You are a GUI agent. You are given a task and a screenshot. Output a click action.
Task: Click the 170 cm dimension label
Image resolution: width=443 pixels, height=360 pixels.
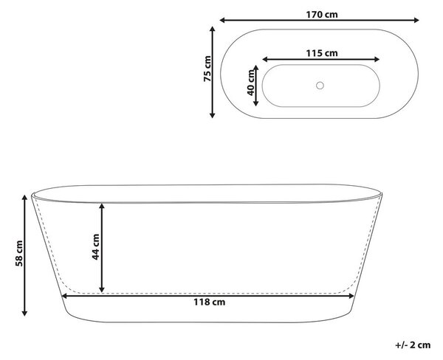point(322,15)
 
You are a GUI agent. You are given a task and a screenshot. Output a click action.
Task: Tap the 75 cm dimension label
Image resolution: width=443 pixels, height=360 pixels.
point(207,69)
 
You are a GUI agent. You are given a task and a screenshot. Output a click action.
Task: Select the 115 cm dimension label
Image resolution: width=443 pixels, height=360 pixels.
point(322,53)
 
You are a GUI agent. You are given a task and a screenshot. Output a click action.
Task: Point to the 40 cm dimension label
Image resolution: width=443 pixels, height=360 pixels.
point(250,83)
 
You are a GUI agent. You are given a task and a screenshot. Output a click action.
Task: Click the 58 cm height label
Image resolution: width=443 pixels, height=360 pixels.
point(19,253)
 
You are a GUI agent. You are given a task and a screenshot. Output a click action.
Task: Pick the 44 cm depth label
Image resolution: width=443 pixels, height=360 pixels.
point(95,247)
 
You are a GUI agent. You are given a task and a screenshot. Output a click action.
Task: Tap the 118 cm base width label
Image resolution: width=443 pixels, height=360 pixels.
point(210,302)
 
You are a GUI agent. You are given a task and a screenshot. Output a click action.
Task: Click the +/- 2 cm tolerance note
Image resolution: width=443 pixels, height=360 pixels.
point(413,345)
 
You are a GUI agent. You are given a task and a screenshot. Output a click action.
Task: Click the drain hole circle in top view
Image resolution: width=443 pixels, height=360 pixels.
point(320,86)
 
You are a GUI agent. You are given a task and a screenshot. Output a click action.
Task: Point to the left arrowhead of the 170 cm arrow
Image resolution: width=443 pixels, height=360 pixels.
point(222,20)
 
